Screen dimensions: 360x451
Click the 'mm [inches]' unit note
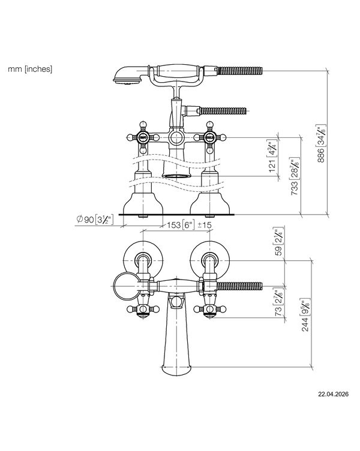pyautogui.click(x=30, y=69)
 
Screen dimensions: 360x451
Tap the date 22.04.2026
pyautogui.click(x=333, y=394)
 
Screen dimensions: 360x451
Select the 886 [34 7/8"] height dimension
pyautogui.click(x=321, y=143)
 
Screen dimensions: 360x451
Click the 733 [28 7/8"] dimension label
pyautogui.click(x=295, y=176)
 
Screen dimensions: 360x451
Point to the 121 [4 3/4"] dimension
pyautogui.click(x=272, y=155)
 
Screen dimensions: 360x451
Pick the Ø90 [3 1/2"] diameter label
pyautogui.click(x=95, y=220)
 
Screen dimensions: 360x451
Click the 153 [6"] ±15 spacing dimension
pyautogui.click(x=189, y=225)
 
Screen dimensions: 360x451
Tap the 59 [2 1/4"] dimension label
pyautogui.click(x=278, y=242)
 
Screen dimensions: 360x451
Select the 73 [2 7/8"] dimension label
pyautogui.click(x=278, y=303)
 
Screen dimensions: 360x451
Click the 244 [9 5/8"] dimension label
pyautogui.click(x=305, y=315)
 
